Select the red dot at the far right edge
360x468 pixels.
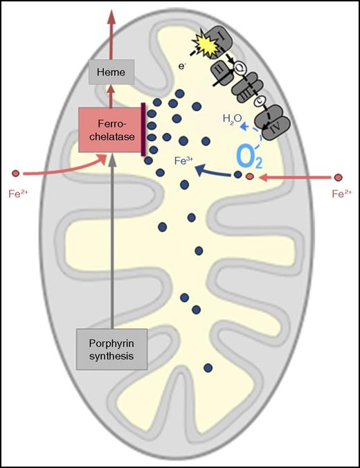tap(339, 178)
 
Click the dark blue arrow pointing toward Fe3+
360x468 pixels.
tap(215, 171)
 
